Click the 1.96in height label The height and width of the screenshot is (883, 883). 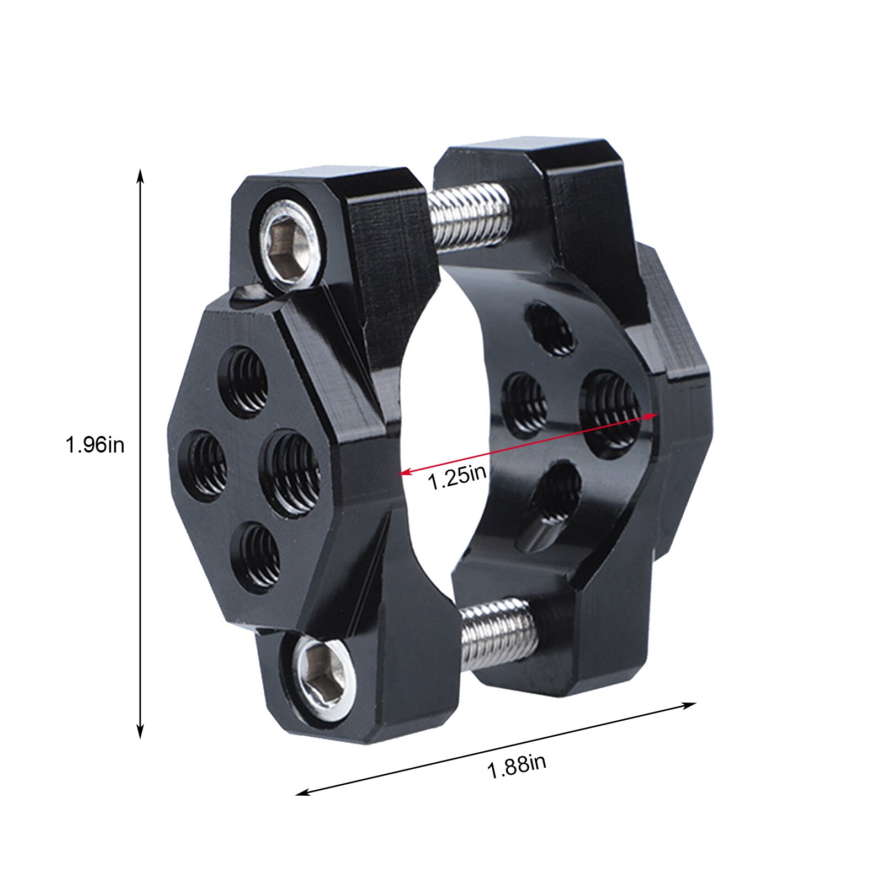(x=95, y=445)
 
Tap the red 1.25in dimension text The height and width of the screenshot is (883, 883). (x=458, y=477)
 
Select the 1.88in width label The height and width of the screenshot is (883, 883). (x=517, y=767)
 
